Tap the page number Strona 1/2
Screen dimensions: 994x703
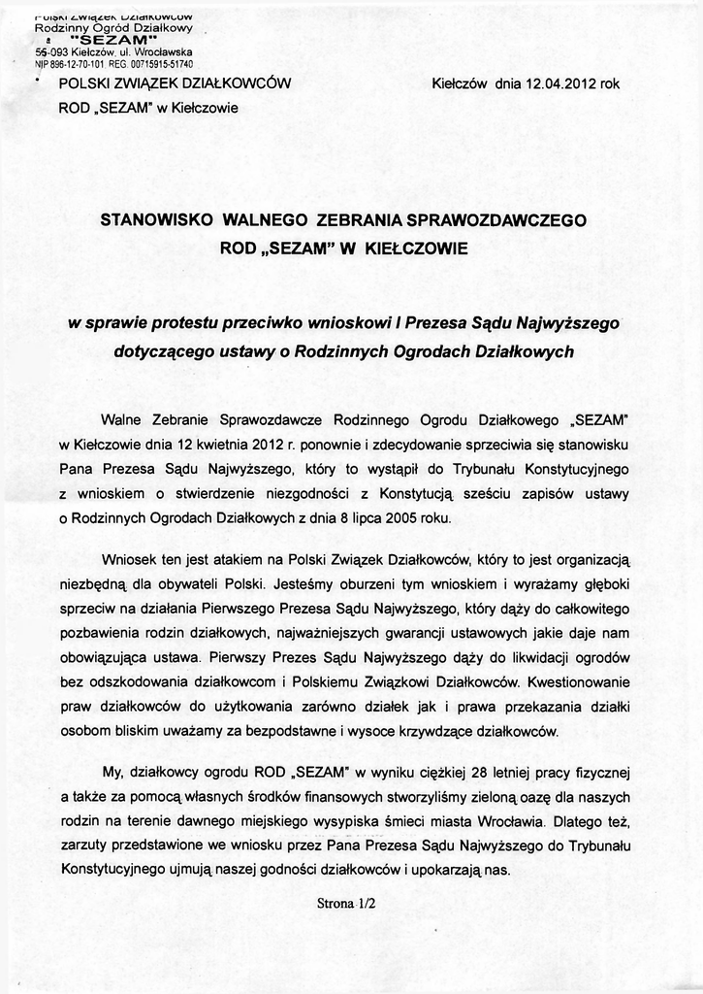[346, 902]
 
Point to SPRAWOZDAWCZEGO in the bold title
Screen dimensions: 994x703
[512, 220]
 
